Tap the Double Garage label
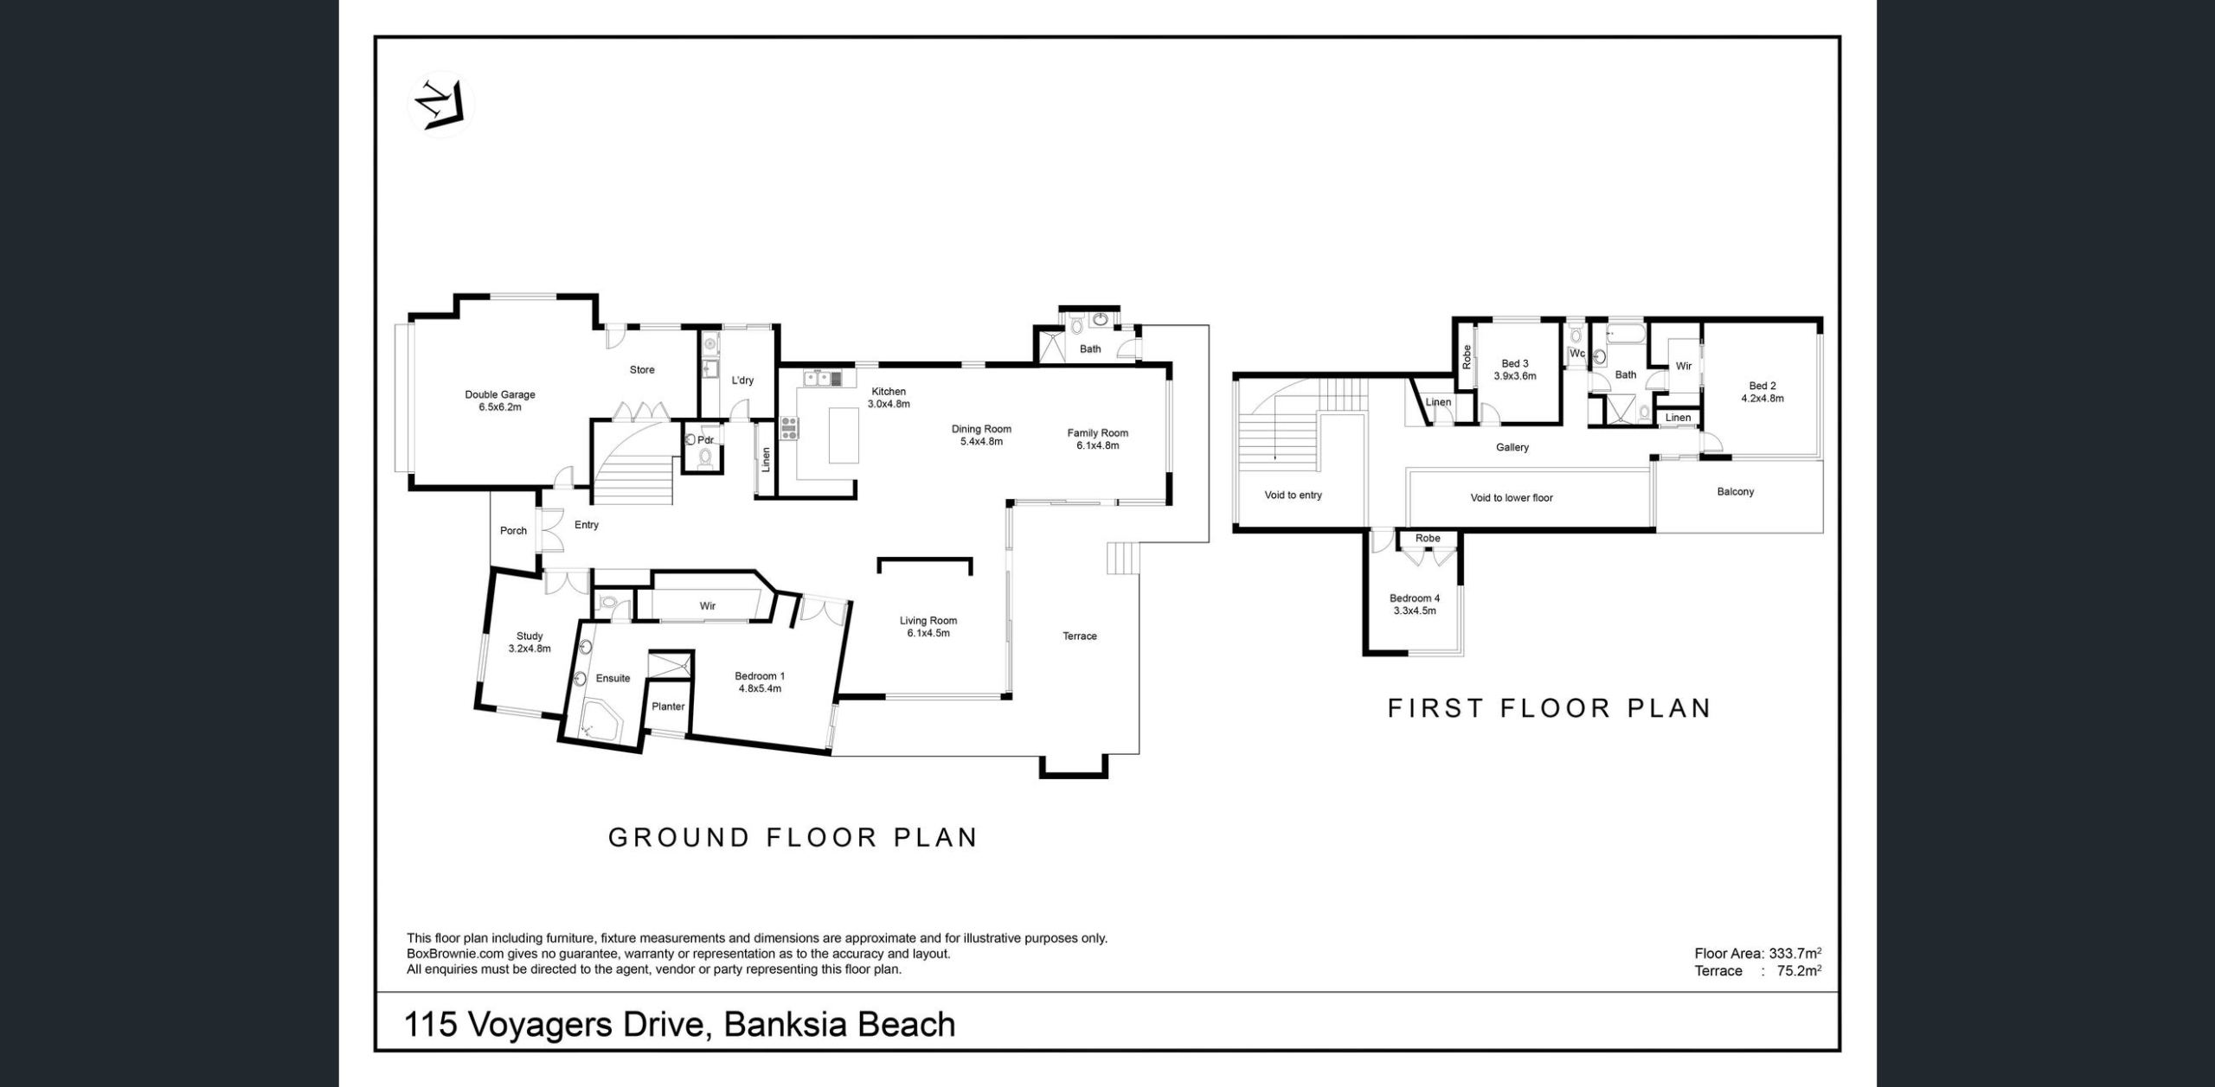500,400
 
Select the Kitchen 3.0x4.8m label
889,398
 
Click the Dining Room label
981,435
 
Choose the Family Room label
1097,439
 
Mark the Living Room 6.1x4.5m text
928,627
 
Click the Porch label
513,531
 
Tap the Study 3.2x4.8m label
530,643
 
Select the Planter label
668,707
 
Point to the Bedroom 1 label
760,682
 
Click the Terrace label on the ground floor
1080,636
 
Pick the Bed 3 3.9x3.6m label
1515,370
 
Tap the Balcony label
1736,492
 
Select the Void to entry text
1294,496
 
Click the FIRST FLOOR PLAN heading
1550,708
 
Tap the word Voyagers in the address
544,1026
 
